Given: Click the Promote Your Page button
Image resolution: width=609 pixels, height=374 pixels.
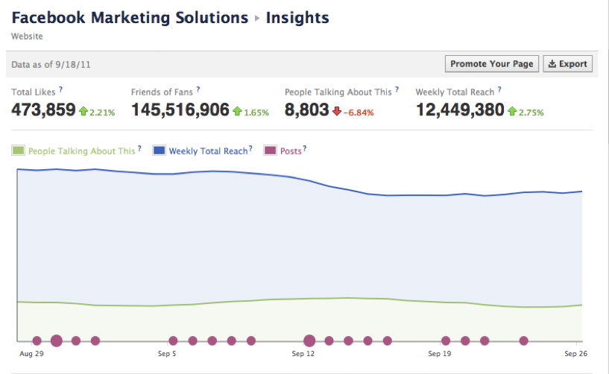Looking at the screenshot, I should (492, 64).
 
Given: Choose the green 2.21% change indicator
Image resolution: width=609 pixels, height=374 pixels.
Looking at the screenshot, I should (97, 112).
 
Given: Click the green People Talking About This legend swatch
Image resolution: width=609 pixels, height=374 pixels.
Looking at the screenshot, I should (18, 150).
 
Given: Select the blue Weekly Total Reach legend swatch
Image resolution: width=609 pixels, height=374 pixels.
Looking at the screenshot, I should (159, 150).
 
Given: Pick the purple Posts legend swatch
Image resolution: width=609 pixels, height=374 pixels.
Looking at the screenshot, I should (270, 150).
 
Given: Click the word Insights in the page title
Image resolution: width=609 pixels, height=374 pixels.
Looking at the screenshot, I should (297, 18).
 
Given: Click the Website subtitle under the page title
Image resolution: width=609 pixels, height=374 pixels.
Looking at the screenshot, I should (27, 36).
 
